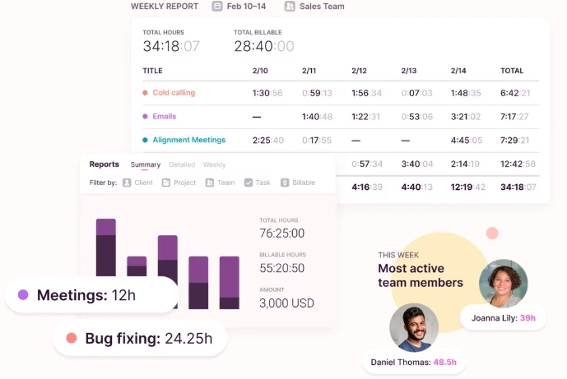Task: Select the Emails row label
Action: [x=165, y=117]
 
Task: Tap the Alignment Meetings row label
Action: [x=188, y=141]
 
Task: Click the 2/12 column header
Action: [x=360, y=71]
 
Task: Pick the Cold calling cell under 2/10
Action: [x=267, y=93]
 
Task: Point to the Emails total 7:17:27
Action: [x=515, y=117]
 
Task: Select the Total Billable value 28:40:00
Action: [x=263, y=47]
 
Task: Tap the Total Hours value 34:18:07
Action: [x=171, y=47]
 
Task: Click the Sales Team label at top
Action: [x=322, y=7]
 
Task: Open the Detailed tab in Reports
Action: [x=182, y=164]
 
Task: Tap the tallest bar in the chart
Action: [x=106, y=247]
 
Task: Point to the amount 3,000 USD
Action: [x=287, y=303]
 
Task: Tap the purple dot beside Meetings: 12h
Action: [x=23, y=294]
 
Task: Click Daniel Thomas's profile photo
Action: [x=413, y=328]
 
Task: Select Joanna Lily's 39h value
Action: [x=527, y=318]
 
